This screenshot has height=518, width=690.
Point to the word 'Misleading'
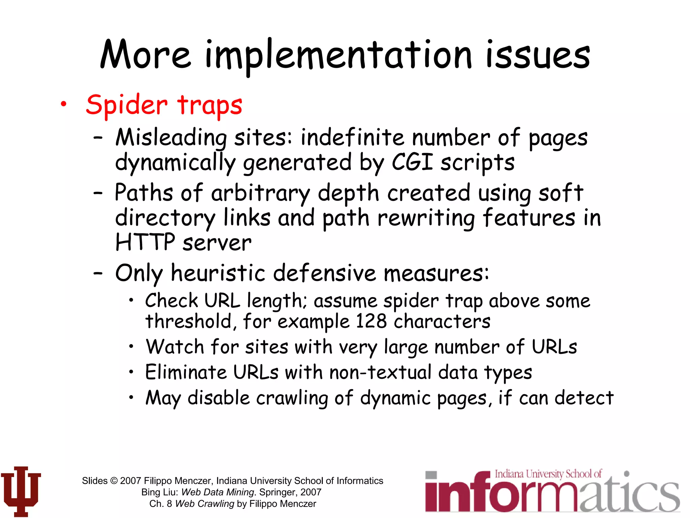coord(171,138)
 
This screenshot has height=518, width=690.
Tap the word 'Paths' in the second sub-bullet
coord(144,193)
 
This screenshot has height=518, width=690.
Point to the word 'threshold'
coord(189,321)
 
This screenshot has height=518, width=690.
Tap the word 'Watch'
coord(175,347)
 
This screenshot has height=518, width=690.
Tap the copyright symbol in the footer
coord(114,481)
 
